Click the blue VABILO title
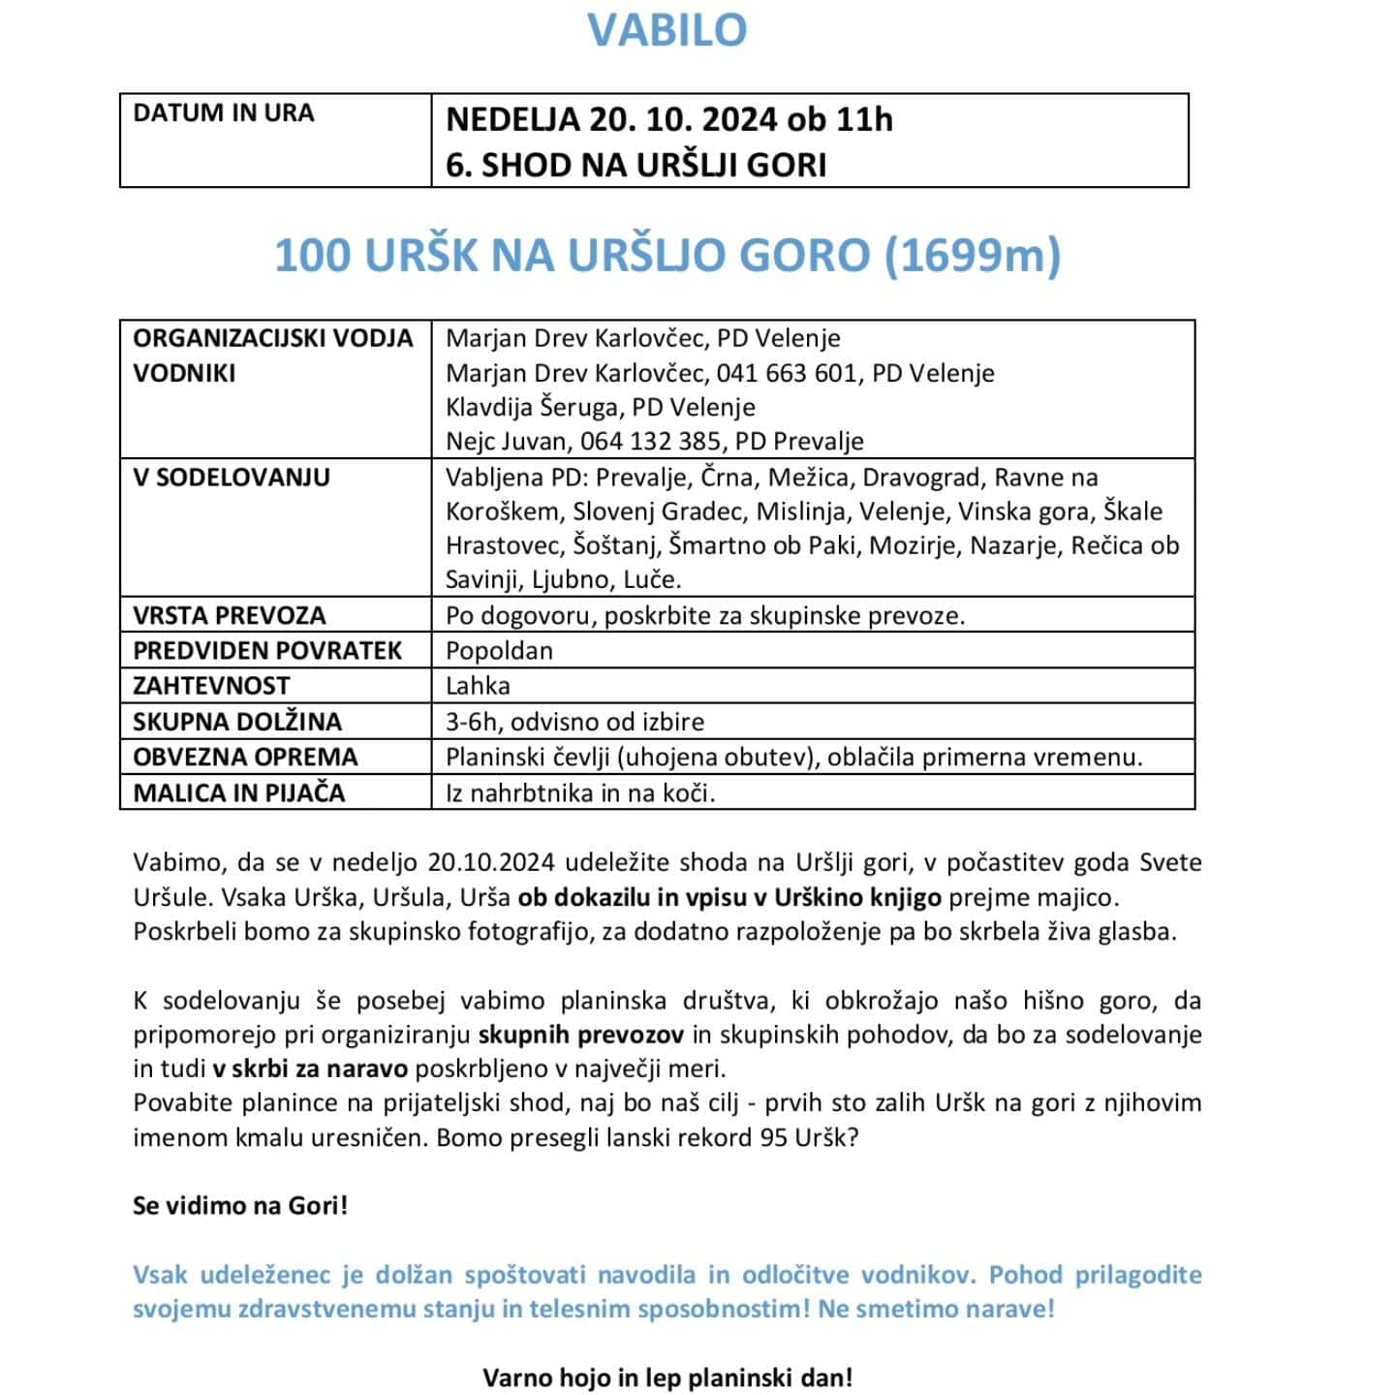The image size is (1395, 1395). click(667, 30)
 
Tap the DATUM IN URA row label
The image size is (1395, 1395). click(224, 113)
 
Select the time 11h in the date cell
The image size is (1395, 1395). click(864, 119)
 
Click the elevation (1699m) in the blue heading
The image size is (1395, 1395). click(972, 256)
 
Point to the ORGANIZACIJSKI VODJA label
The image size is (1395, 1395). click(273, 338)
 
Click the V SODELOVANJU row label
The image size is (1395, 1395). click(232, 478)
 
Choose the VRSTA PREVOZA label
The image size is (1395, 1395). click(230, 616)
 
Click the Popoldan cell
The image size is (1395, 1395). click(499, 651)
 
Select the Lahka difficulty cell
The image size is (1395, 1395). click(478, 686)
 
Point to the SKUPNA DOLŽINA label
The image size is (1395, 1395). click(237, 722)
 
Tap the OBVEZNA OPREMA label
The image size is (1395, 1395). click(245, 757)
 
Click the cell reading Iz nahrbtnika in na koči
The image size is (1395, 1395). click(580, 793)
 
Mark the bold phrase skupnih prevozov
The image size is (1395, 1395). click(581, 1035)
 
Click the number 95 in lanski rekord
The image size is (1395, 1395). click(773, 1137)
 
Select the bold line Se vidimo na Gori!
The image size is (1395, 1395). click(240, 1206)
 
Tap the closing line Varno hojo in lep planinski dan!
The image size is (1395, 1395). click(667, 1378)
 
